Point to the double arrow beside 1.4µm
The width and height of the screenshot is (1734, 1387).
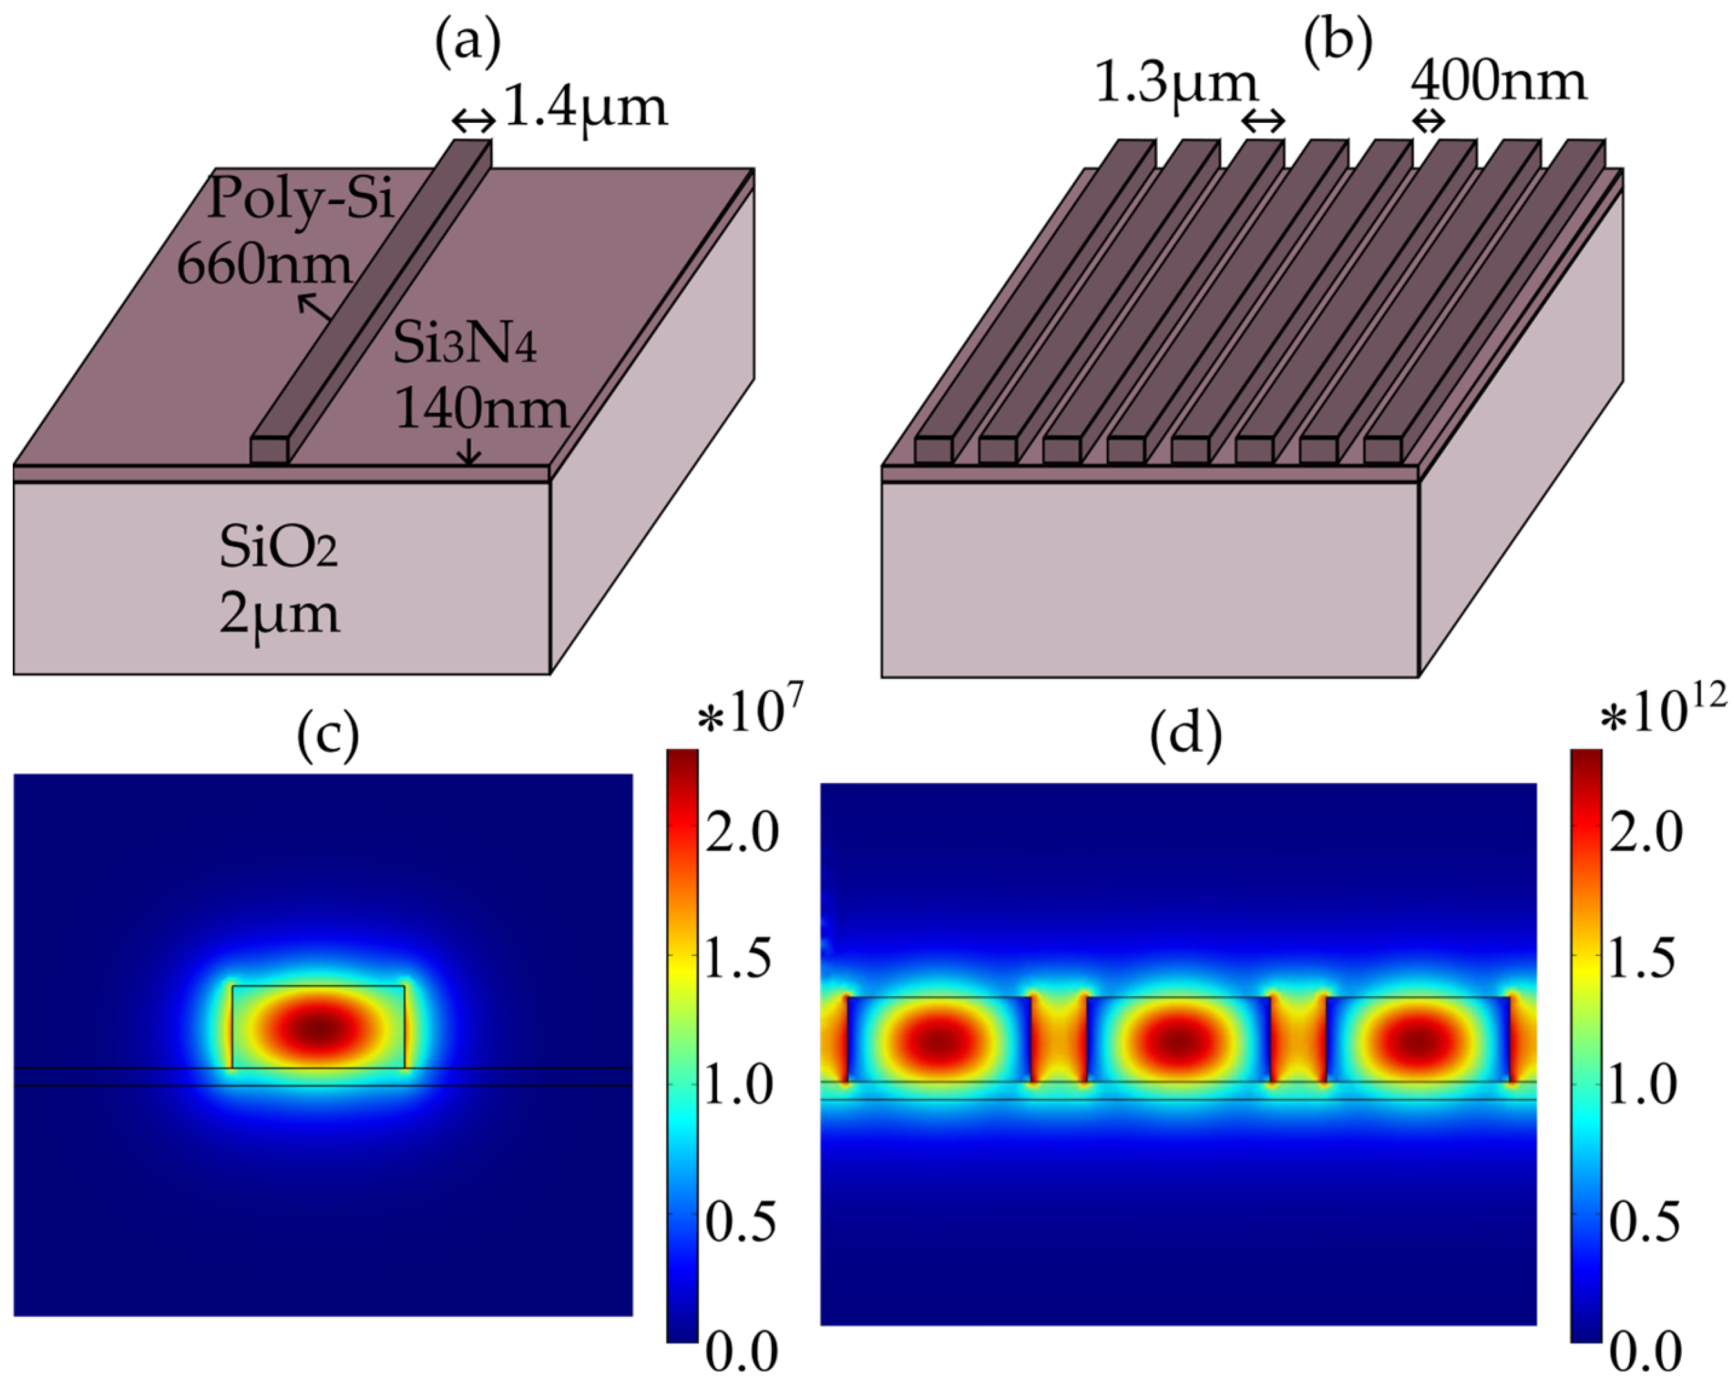(474, 122)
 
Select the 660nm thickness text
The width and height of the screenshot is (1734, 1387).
(264, 263)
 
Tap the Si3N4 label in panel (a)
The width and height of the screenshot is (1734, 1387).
(465, 346)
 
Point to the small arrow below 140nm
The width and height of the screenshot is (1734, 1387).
(469, 456)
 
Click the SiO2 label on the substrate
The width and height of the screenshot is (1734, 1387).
(278, 550)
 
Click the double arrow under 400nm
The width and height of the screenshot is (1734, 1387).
(1429, 122)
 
